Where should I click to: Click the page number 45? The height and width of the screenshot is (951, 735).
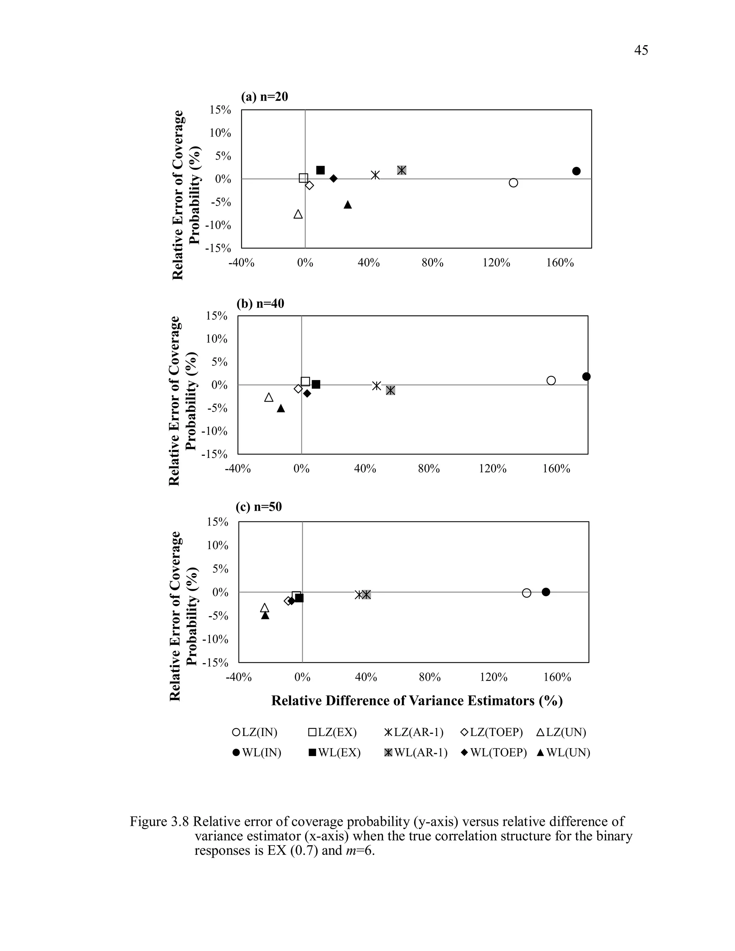point(641,51)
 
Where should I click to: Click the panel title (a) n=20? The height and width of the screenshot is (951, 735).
point(264,97)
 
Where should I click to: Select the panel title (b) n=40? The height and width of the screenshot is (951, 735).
point(260,303)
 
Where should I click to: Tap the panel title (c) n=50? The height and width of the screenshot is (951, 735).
point(259,507)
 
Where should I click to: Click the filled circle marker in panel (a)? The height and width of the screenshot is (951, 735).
point(576,171)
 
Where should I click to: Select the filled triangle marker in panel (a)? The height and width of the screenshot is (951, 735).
point(347,205)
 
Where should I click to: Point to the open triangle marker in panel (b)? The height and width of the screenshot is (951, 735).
point(269,398)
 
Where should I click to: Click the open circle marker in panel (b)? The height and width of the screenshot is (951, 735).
point(551,380)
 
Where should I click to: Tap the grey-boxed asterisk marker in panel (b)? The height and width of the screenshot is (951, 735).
point(390,390)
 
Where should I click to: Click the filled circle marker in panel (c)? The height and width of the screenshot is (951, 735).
point(546,592)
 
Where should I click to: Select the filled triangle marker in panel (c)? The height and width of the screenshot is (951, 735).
point(265,615)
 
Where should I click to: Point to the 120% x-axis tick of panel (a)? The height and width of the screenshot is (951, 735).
point(496,263)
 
